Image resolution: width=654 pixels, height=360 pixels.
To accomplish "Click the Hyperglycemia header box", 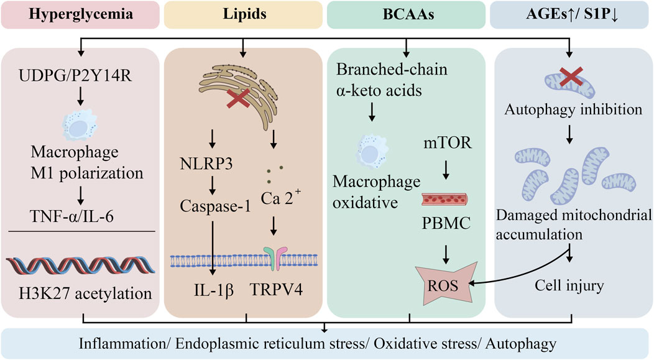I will point(79,14).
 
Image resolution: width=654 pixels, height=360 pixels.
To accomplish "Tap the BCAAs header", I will point(407,14).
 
